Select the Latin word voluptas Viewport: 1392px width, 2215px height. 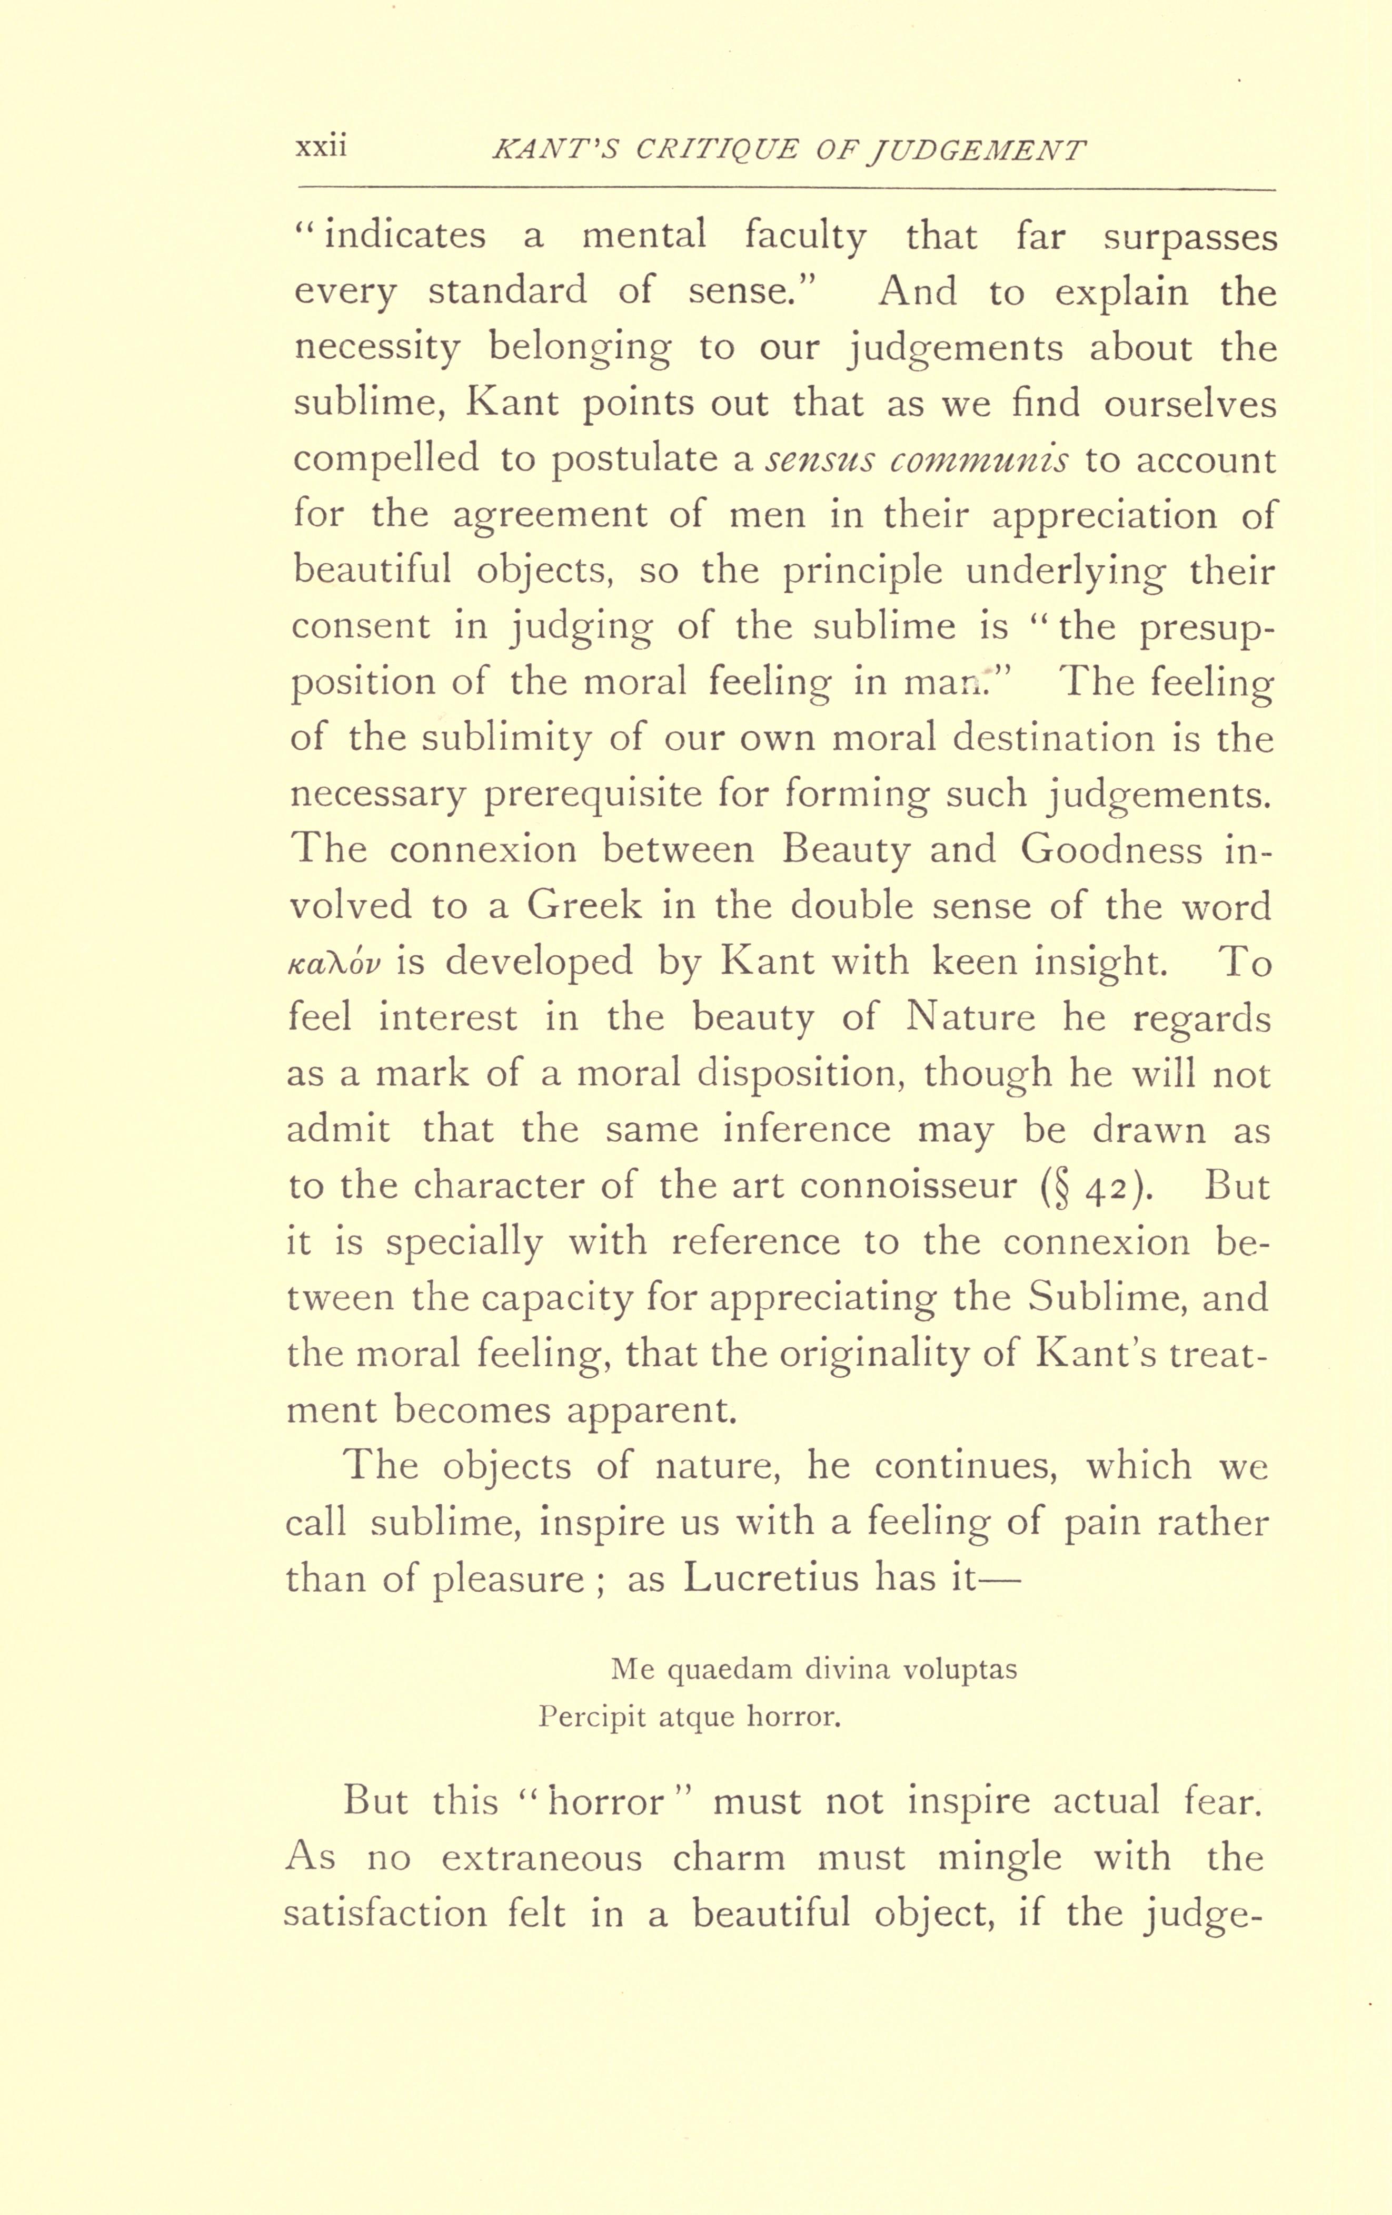tap(959, 1670)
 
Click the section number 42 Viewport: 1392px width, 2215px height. tap(1105, 1187)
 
